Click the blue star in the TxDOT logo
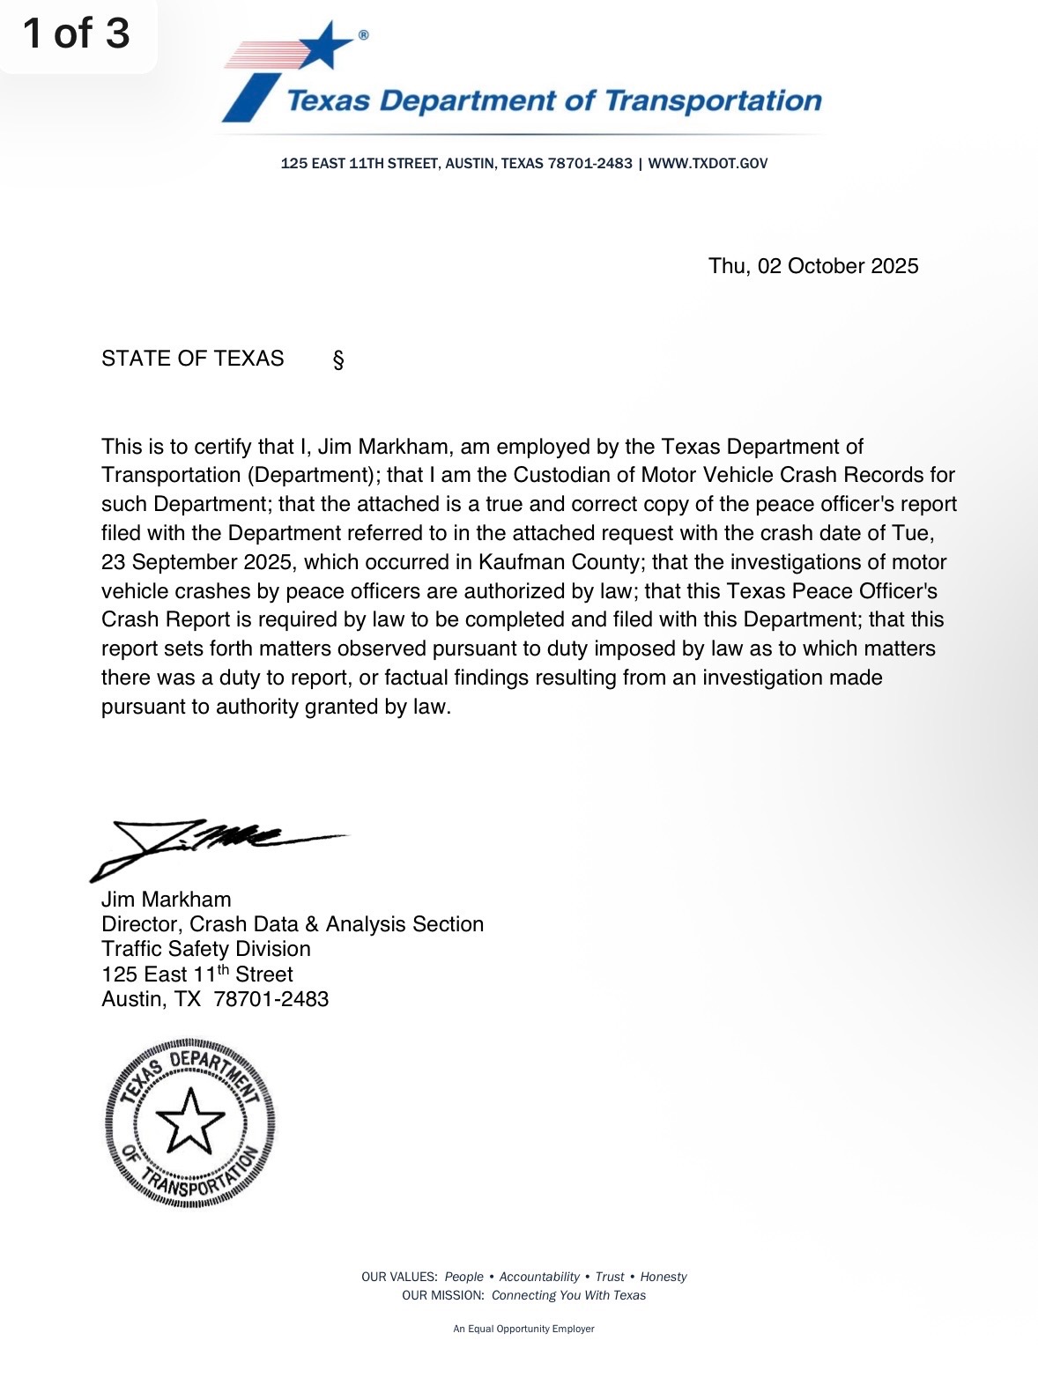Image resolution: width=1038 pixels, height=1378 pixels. tap(324, 46)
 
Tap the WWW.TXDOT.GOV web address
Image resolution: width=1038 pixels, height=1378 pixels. tap(708, 164)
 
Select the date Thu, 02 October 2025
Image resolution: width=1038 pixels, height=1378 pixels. tap(813, 266)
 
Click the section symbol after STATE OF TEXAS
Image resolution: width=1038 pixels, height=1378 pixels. tap(338, 359)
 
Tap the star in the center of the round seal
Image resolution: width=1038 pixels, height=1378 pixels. tap(189, 1122)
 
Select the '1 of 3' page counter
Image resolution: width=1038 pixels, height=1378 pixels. tap(77, 33)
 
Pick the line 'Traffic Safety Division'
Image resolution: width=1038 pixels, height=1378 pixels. tap(206, 949)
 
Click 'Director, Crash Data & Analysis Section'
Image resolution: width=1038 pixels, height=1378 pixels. tap(293, 924)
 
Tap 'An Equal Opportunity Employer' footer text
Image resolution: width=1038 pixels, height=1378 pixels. tap(523, 1329)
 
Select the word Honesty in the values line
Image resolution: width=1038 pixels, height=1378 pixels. tap(663, 1277)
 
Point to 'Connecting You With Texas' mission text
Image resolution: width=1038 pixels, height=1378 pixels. tap(568, 1295)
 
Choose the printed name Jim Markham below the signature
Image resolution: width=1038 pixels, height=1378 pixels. tap(167, 900)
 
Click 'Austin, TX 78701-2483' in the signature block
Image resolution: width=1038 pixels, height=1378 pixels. tap(215, 999)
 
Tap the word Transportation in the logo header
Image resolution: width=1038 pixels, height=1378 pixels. tap(713, 101)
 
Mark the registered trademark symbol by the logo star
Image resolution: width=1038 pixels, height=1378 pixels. tap(363, 35)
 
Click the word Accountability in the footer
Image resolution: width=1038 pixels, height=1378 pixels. tap(539, 1277)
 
